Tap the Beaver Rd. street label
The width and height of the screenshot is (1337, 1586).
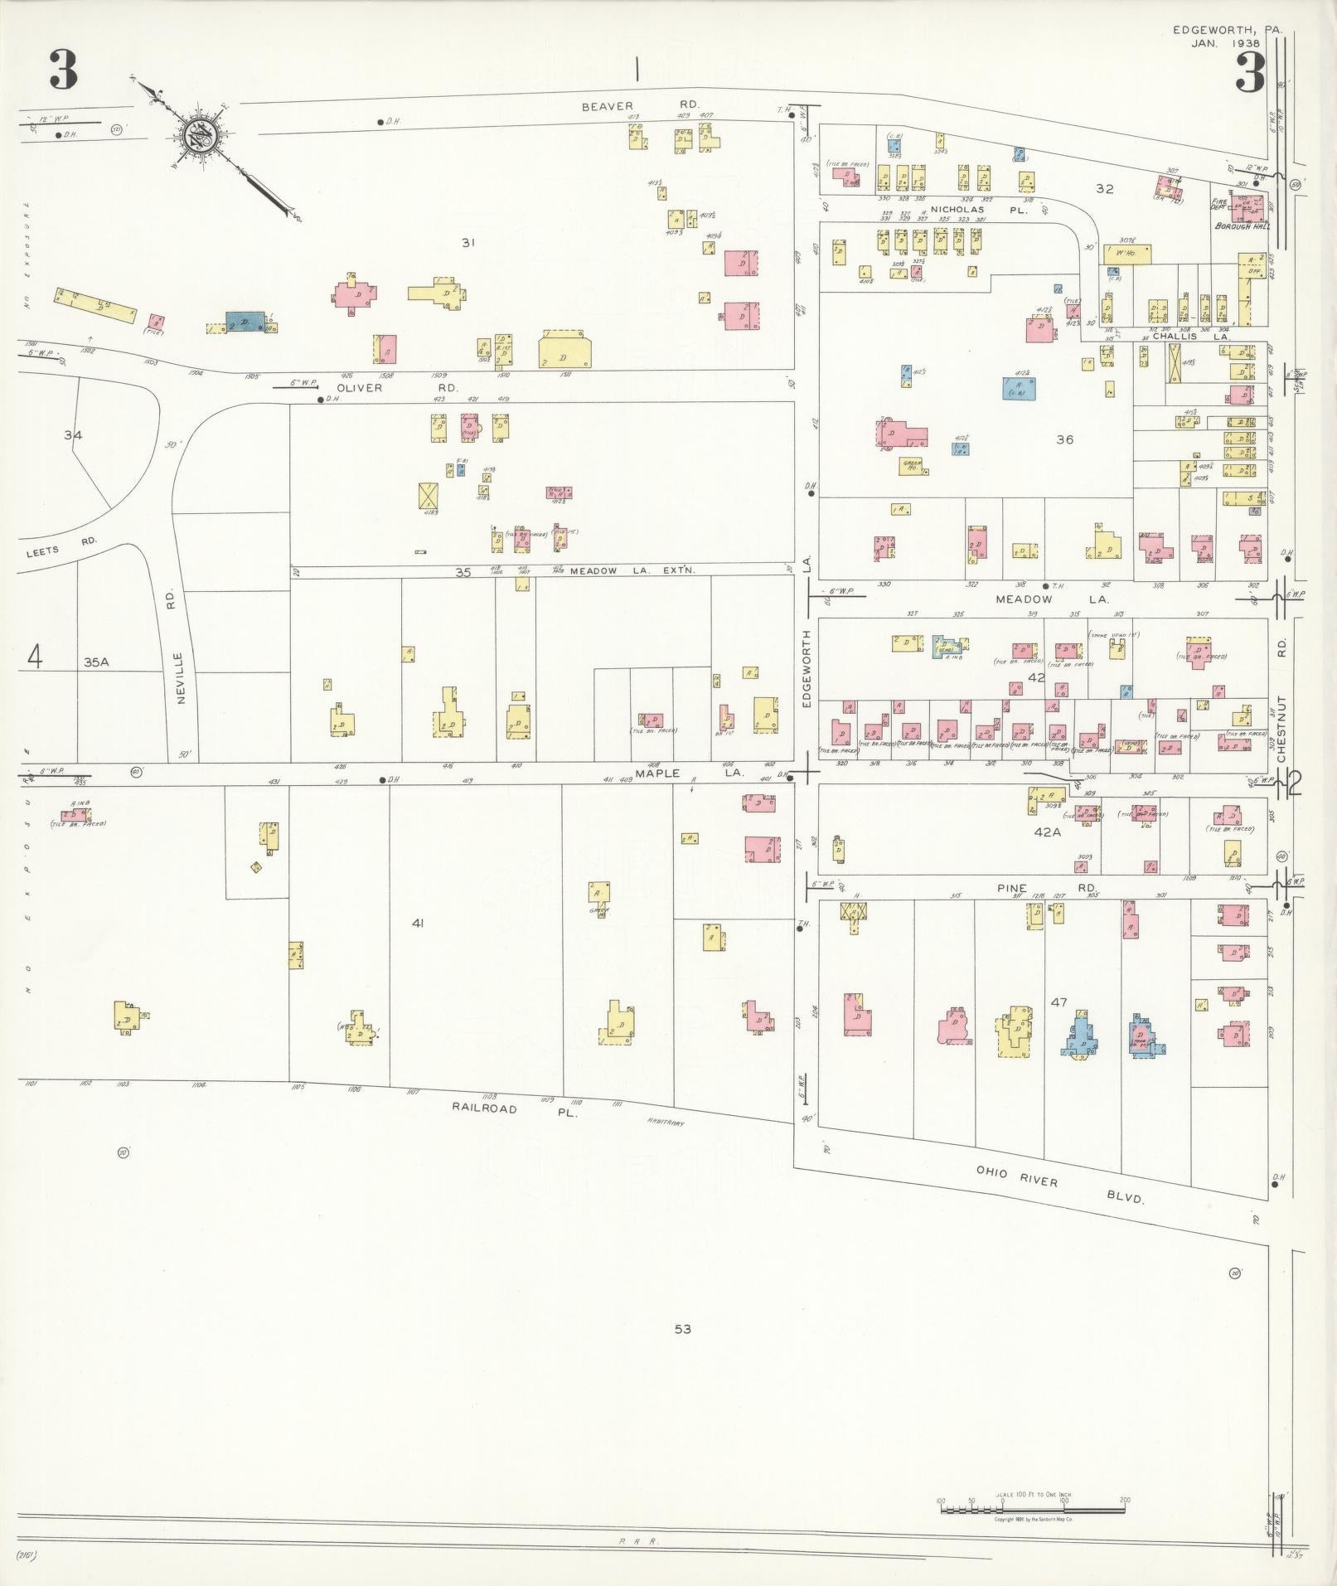(639, 105)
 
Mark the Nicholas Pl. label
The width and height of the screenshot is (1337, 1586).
(978, 210)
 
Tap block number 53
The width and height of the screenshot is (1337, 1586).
(681, 1329)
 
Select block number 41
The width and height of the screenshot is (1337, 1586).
(417, 922)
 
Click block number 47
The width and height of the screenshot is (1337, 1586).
(1058, 1002)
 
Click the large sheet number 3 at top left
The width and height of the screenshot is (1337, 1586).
(63, 70)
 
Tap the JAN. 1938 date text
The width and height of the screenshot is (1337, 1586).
(1225, 43)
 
